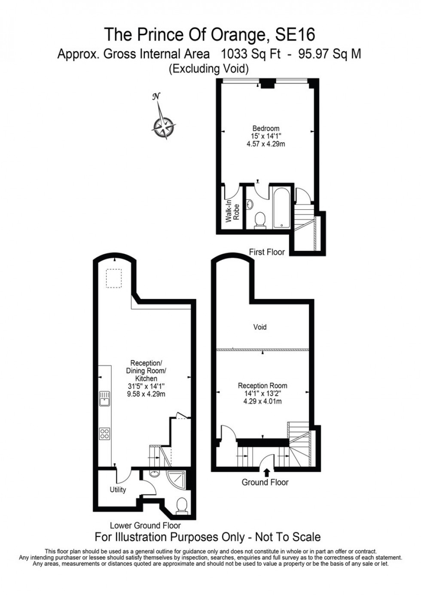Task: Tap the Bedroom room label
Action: coord(265,128)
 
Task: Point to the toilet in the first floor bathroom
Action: coord(259,220)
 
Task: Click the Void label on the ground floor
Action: coord(259,327)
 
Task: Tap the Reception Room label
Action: coord(262,385)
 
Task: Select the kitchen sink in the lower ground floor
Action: coord(104,399)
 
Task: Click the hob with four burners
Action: coord(104,433)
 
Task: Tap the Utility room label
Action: coord(118,490)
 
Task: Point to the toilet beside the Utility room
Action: coord(182,505)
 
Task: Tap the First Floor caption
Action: coord(267,252)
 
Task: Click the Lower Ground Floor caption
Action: coord(145,525)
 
